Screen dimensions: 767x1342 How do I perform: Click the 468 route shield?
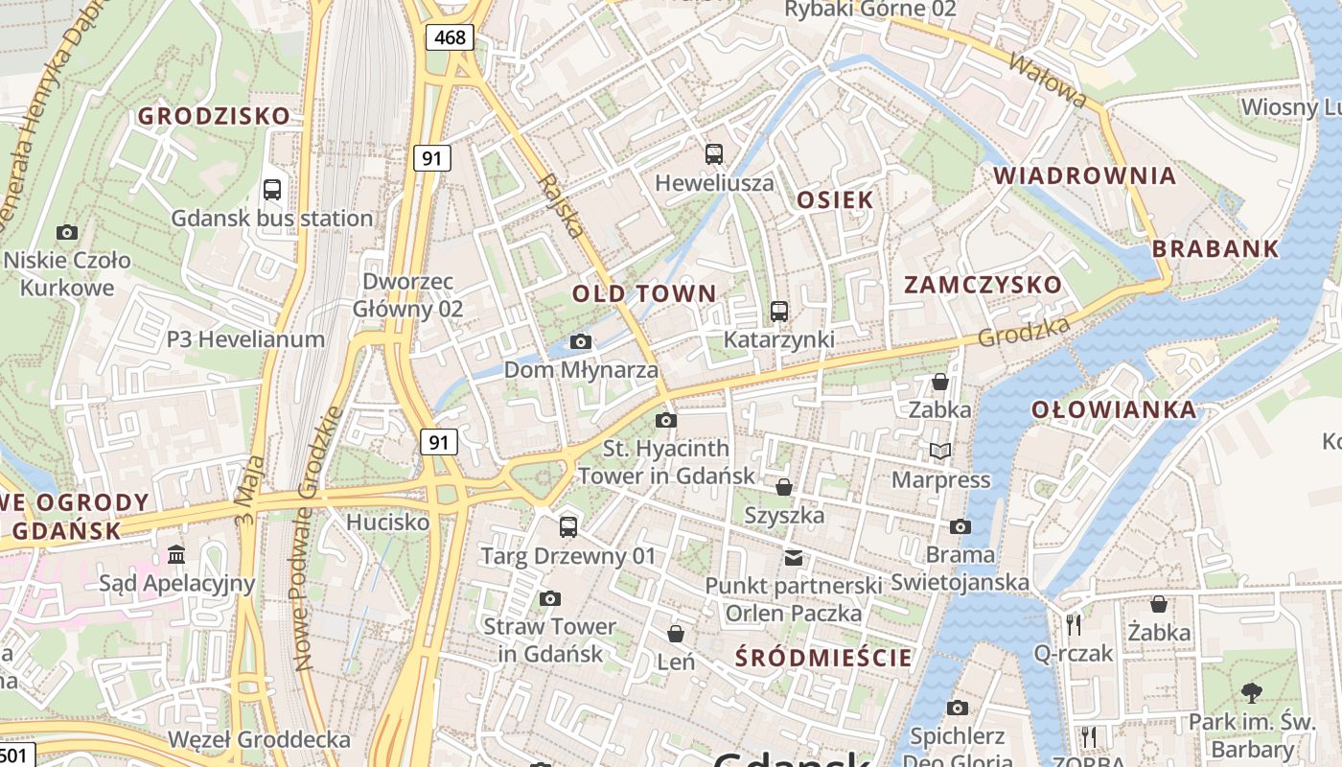449,37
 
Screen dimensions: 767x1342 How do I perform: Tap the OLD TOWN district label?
644,293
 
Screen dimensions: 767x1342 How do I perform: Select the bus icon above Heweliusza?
714,153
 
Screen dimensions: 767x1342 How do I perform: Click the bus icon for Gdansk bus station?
272,189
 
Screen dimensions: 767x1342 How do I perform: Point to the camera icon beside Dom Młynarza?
580,341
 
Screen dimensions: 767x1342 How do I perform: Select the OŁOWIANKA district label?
1114,410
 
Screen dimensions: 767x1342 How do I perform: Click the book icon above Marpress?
940,451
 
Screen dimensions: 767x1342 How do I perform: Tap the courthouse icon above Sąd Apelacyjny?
176,554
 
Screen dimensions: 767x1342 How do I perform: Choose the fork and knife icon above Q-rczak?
1074,624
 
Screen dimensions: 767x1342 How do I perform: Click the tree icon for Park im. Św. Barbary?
1251,692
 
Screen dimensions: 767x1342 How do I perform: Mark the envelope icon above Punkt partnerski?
794,557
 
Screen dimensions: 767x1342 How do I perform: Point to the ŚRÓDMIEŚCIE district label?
824,658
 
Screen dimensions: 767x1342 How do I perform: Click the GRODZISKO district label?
214,116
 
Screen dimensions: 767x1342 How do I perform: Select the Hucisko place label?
387,523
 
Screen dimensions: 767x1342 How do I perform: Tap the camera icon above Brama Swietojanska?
960,526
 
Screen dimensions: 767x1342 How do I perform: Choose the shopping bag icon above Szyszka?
784,487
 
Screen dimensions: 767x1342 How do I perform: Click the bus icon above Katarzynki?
778,312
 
